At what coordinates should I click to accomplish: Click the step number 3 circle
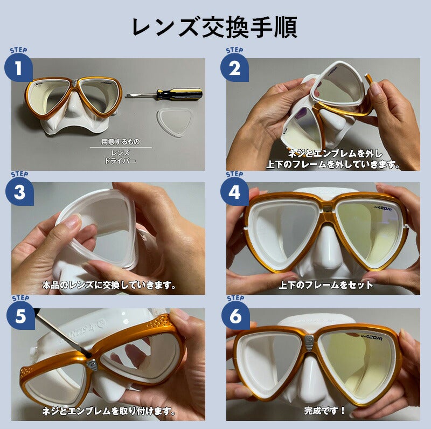(x=19, y=193)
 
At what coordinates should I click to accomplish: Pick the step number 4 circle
(x=234, y=193)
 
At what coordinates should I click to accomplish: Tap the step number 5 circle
(x=19, y=316)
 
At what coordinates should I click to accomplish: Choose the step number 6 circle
(x=235, y=316)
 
